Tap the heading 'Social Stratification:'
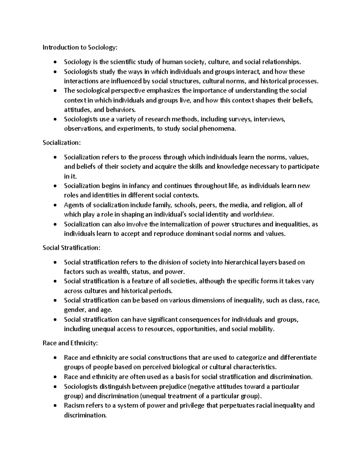point(71,248)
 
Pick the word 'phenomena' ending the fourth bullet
point(221,129)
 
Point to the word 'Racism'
point(74,406)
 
